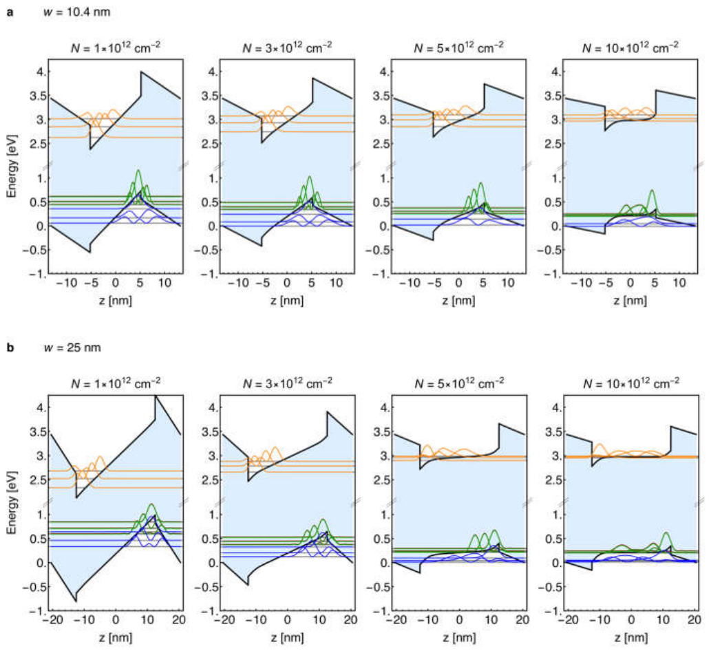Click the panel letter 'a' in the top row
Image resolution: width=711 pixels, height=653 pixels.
pos(10,12)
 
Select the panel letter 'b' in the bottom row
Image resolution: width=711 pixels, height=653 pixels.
pos(10,347)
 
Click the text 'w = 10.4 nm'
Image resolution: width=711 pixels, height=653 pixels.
pos(76,12)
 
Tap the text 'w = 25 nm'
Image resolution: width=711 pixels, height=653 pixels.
pos(72,347)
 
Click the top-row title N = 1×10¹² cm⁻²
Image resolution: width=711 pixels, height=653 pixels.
pos(116,47)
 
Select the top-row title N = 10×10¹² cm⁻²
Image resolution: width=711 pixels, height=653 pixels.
pos(630,47)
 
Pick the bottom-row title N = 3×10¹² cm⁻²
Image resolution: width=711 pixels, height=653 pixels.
pos(288,383)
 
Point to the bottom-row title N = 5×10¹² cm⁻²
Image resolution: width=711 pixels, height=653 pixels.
pos(459,383)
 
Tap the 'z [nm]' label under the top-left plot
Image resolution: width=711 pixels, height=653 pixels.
pos(116,300)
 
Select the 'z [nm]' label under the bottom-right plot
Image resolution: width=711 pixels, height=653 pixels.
pos(631,637)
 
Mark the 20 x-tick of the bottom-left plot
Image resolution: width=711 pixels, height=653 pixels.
pos(179,619)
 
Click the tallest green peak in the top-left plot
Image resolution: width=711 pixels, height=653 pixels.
pos(138,171)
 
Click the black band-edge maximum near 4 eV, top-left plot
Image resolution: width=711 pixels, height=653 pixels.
pos(141,72)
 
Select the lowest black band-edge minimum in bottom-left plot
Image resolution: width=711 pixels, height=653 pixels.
pos(76,601)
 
